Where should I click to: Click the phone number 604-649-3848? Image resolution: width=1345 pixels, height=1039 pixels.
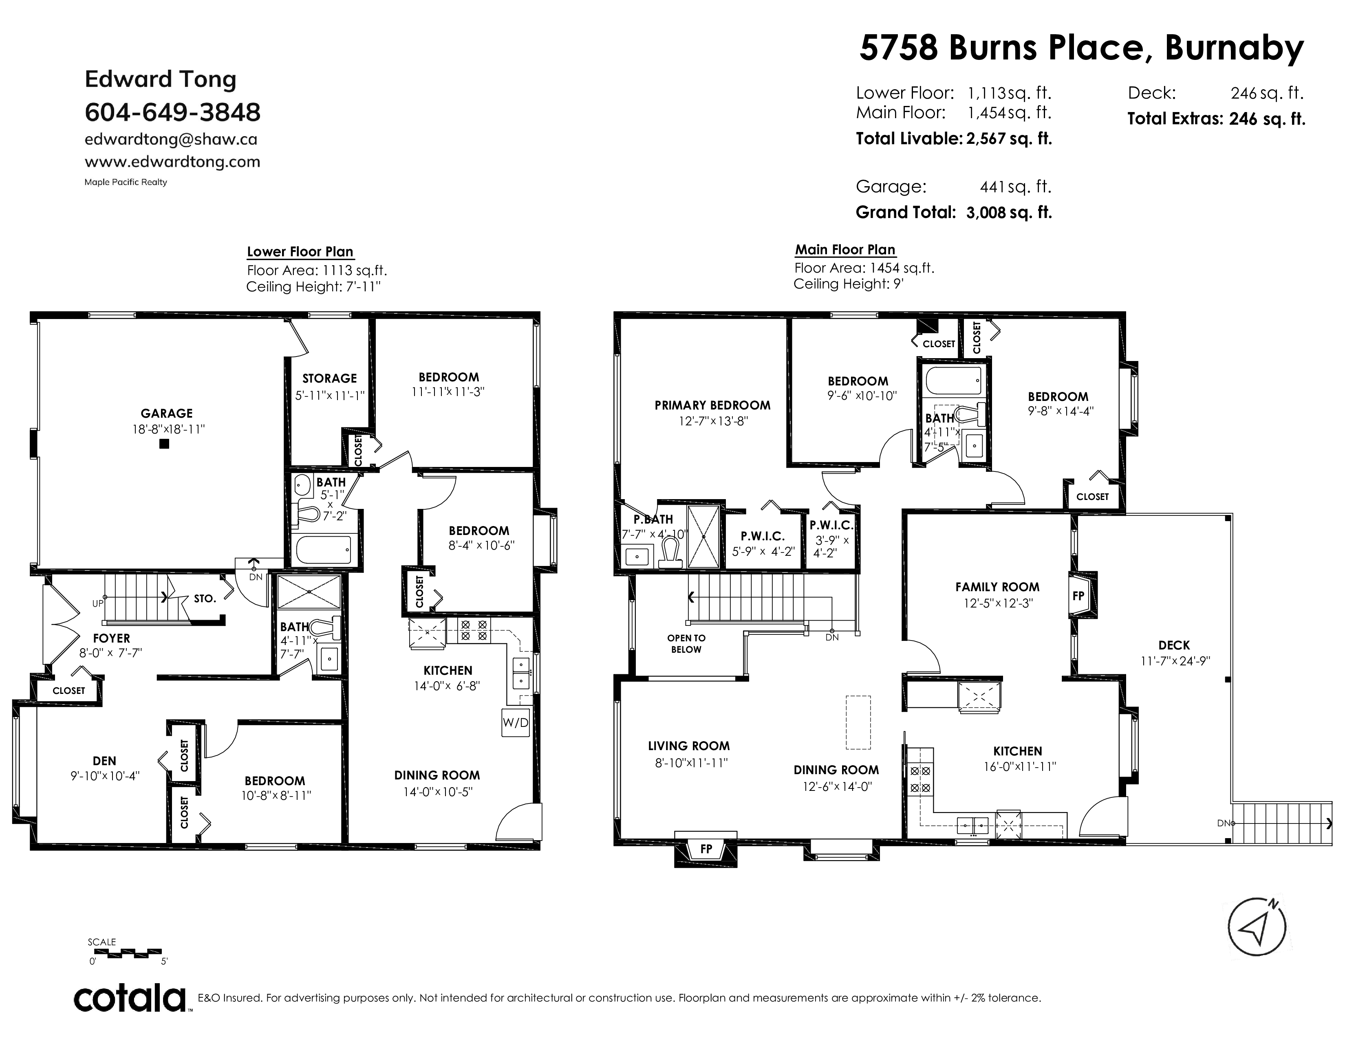coord(172,112)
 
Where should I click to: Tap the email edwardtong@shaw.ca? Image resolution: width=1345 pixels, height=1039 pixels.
coord(171,139)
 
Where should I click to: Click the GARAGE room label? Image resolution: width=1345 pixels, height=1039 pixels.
coord(167,414)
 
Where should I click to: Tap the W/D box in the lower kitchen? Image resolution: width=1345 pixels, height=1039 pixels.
coord(516,723)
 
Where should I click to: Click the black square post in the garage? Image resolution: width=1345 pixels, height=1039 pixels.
coord(164,443)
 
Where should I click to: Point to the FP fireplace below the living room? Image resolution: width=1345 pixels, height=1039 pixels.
coord(706,849)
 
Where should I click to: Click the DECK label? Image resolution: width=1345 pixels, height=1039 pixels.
coord(1174,645)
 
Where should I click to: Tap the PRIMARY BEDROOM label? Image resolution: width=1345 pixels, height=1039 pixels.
coord(712,405)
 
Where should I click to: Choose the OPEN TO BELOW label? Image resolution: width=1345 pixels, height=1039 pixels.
coord(686,644)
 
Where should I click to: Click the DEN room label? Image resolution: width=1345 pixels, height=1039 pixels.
coord(105,761)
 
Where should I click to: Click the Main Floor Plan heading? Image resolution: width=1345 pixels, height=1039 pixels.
coord(845,250)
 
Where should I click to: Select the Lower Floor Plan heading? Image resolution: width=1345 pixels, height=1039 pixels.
coord(300,252)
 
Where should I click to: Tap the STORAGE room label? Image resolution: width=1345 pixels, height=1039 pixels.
coord(329,379)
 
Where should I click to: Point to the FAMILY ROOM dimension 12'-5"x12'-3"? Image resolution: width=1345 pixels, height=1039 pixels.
coord(998,603)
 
